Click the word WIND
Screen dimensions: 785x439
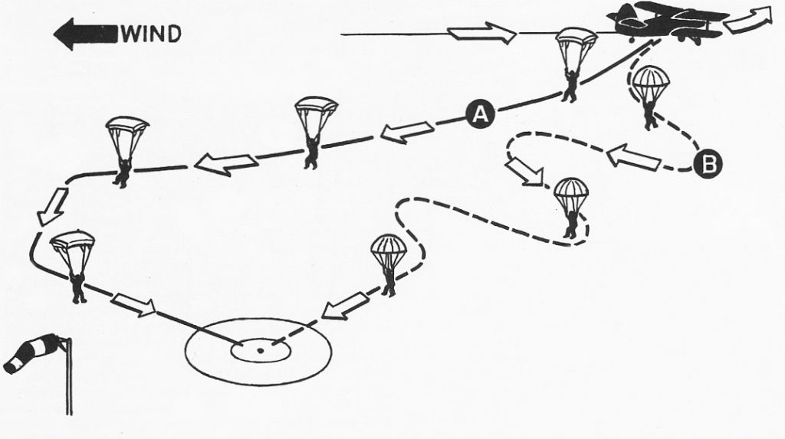tap(151, 34)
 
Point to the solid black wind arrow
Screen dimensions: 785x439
tap(87, 34)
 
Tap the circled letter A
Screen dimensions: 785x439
tap(480, 115)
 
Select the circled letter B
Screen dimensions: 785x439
tap(708, 165)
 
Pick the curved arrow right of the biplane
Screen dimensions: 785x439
tap(749, 20)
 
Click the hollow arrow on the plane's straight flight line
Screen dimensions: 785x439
tap(481, 33)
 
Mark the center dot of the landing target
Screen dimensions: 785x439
tap(261, 350)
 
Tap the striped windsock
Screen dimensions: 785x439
tap(31, 353)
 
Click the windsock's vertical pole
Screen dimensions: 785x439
tap(68, 376)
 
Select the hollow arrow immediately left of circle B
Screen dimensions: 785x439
tap(633, 157)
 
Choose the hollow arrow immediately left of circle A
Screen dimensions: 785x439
tap(407, 132)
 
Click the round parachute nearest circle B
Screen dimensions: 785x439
tap(650, 97)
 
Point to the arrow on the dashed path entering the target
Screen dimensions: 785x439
tap(345, 306)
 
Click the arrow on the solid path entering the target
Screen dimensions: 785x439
tap(133, 305)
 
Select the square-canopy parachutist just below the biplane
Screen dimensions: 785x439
tap(575, 64)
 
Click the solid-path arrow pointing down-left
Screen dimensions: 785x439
tap(53, 206)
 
